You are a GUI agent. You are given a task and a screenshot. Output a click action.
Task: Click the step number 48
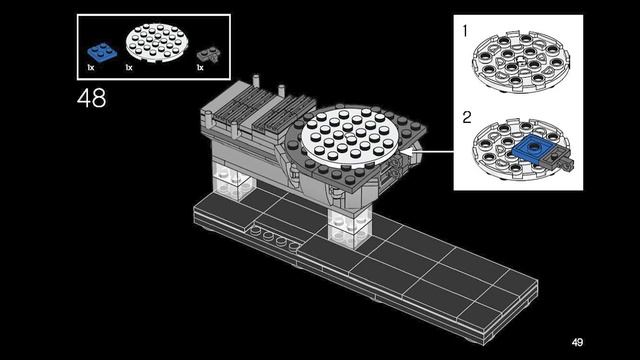91,98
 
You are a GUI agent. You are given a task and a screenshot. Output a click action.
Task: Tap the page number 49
577,342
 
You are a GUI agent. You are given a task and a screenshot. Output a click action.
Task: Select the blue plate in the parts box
102,52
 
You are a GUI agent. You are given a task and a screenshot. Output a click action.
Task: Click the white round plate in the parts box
157,42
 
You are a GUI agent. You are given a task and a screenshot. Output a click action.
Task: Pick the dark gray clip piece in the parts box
209,54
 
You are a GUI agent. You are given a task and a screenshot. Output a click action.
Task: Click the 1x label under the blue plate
91,67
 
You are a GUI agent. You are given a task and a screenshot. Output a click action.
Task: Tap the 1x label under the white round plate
129,67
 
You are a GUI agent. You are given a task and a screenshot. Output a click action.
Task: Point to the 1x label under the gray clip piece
200,67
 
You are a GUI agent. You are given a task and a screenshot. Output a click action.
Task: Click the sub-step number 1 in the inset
465,31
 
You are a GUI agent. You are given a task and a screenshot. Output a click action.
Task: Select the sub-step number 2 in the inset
467,118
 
